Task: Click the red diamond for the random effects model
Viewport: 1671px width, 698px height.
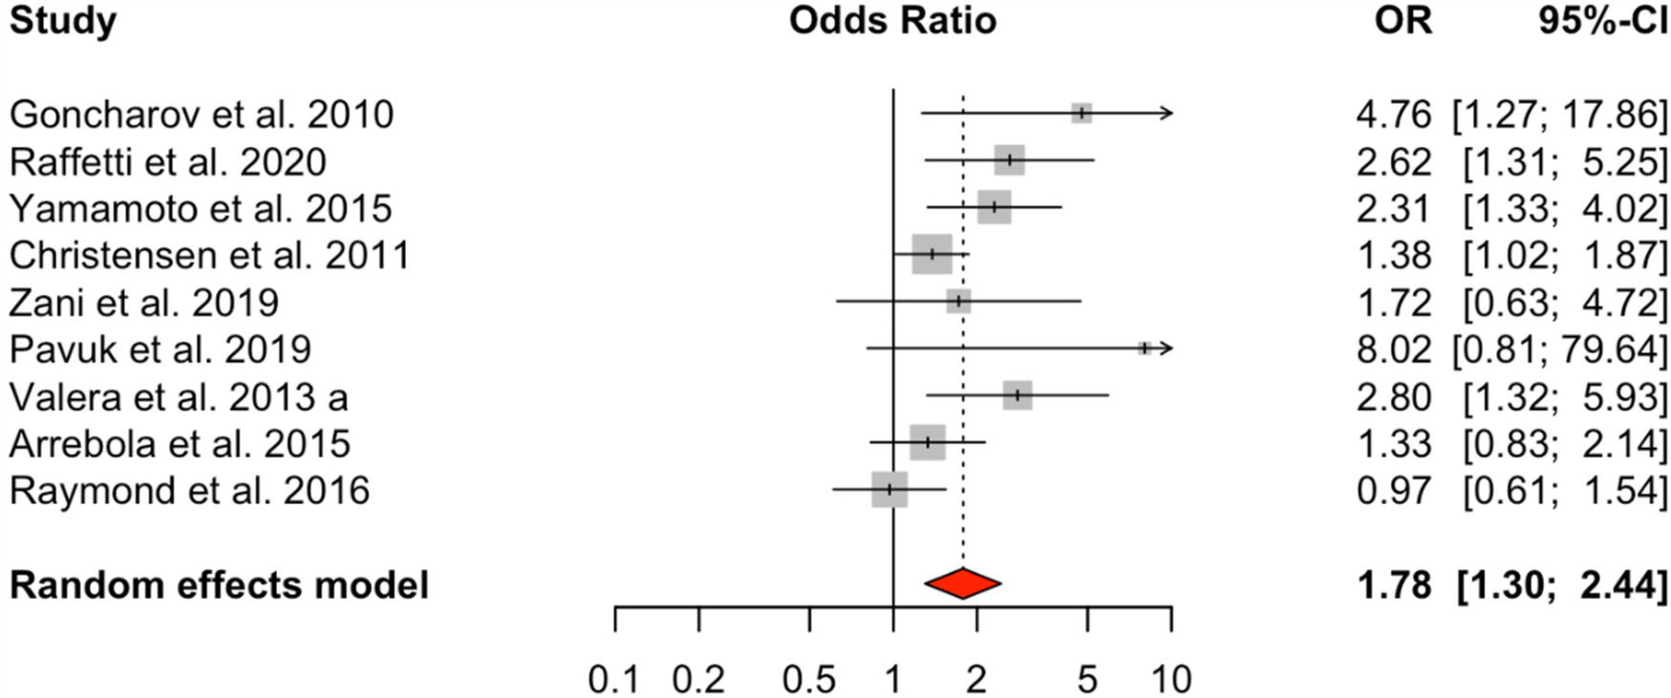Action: point(962,583)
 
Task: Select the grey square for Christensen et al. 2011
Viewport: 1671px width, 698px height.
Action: point(932,254)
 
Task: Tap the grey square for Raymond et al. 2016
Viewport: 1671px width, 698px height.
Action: point(889,489)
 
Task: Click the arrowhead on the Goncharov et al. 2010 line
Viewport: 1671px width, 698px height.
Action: point(1167,114)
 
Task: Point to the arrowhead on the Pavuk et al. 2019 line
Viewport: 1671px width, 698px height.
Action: point(1167,349)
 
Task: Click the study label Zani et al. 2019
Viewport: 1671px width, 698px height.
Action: point(144,303)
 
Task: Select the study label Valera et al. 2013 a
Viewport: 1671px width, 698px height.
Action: point(179,396)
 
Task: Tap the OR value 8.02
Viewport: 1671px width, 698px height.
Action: point(1393,349)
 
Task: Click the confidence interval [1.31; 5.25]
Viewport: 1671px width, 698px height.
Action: point(1564,162)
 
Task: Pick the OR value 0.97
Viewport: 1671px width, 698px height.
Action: point(1393,491)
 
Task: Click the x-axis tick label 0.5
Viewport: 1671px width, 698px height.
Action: point(809,679)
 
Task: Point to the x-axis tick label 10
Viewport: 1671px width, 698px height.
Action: point(1170,679)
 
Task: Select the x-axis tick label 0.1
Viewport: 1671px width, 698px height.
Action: point(614,679)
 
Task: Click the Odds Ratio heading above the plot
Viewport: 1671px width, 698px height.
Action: point(892,20)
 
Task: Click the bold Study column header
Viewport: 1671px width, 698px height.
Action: point(63,20)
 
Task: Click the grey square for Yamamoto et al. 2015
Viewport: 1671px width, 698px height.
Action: point(995,207)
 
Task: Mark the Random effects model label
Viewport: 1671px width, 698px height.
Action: point(219,584)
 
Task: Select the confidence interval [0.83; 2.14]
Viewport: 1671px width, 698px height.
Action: point(1564,444)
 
